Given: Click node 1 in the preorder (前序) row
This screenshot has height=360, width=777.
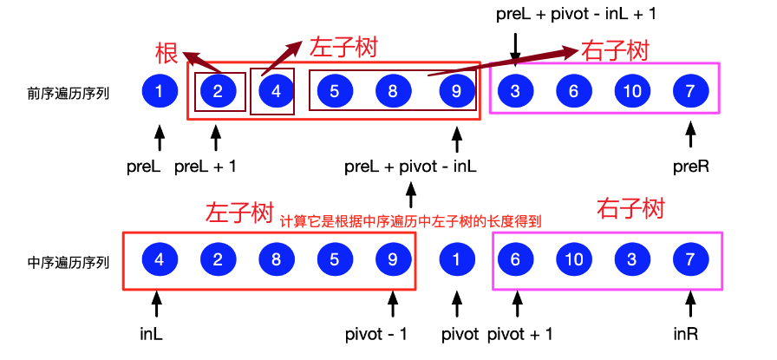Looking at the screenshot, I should tap(158, 90).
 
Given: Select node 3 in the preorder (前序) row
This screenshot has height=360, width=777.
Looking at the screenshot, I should tap(515, 90).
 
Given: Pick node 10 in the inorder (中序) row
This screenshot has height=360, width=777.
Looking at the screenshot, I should tap(573, 259).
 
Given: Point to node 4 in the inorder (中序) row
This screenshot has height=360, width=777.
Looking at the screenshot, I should tap(158, 259).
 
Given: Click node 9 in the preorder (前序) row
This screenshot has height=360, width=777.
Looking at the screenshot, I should tap(456, 90).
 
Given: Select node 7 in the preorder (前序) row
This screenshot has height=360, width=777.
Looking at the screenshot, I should tap(690, 90).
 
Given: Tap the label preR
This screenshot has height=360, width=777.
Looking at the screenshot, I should tap(690, 166).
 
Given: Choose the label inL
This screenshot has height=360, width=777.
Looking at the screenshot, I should tap(156, 334).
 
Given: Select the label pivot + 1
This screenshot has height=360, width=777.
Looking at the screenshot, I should tap(520, 334).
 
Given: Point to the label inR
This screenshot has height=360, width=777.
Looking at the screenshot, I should tap(690, 334).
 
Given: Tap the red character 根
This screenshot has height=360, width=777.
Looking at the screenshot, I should tap(166, 53).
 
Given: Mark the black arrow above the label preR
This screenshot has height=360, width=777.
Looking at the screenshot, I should tap(690, 134).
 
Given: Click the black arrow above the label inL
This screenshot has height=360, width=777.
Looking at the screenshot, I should tap(157, 304).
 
